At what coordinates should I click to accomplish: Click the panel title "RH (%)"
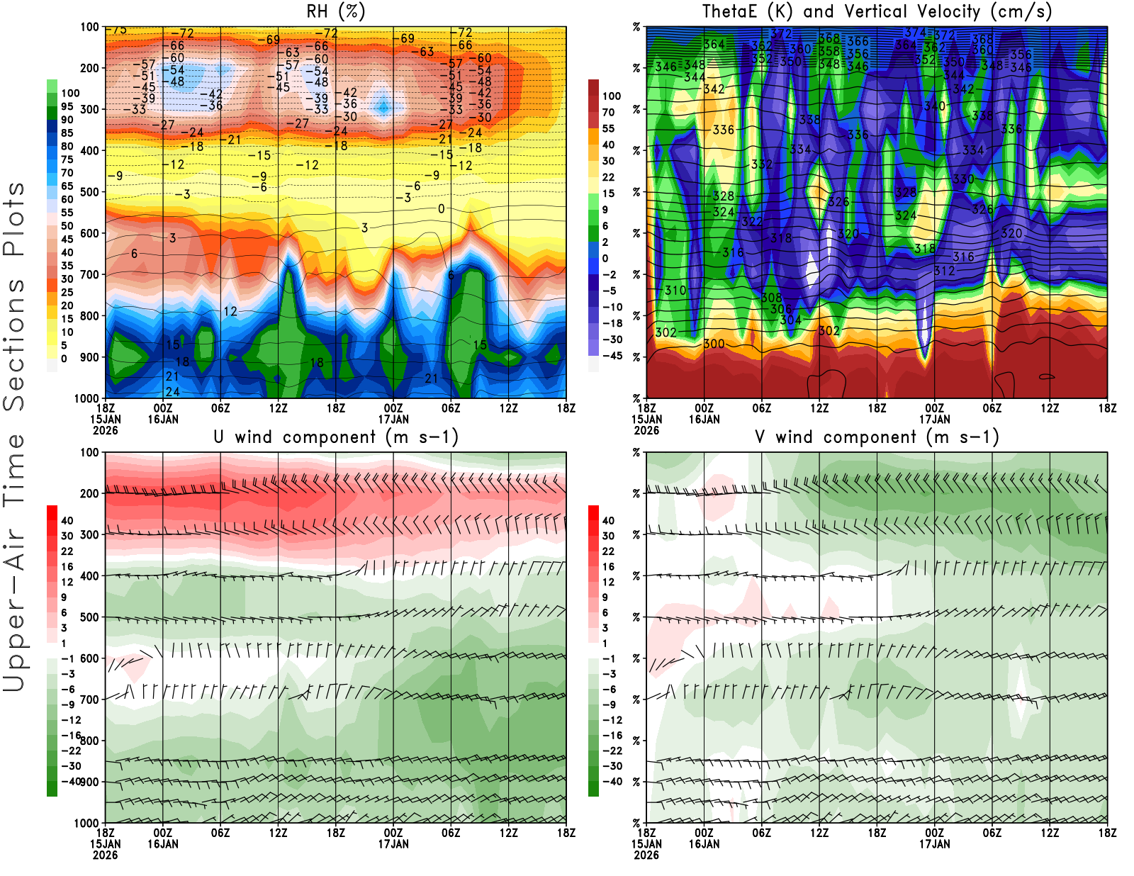335,11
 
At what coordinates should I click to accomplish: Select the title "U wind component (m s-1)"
336,437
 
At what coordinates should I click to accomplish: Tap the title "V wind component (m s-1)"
877,437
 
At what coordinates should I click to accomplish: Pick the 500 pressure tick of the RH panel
89,192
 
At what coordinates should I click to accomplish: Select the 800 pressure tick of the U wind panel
91,741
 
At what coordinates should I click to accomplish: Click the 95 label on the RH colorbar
67,106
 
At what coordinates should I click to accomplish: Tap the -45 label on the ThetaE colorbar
612,356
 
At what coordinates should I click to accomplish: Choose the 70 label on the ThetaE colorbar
608,112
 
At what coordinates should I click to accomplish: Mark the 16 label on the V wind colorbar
608,567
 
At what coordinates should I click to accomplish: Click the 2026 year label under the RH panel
105,430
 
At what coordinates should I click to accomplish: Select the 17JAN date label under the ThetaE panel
935,419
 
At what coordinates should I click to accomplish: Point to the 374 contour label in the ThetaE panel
915,33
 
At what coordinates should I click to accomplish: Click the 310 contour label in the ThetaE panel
675,291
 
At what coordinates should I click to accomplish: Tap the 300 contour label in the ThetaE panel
714,344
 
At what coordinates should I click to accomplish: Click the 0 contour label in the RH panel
441,209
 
